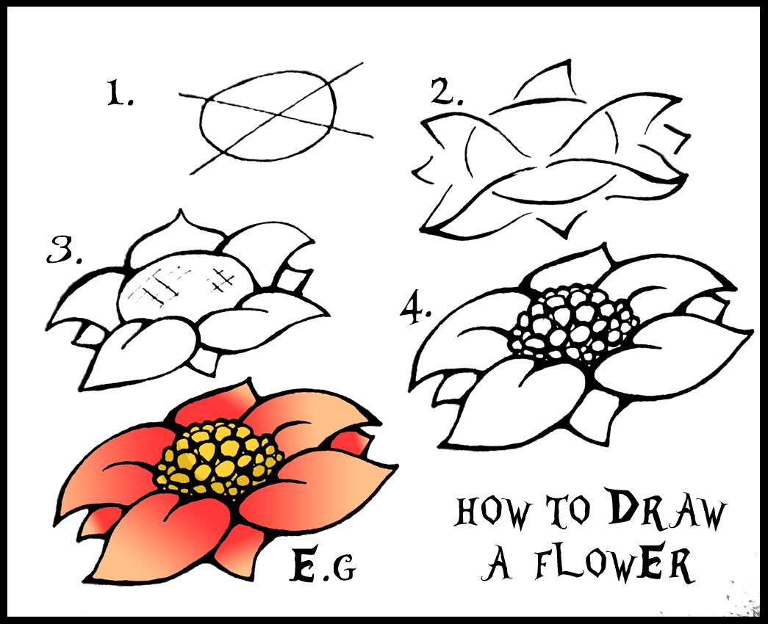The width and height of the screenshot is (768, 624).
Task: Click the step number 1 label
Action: [120, 93]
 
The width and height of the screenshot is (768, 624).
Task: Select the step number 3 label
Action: [64, 250]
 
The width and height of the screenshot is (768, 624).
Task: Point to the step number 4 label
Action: [414, 310]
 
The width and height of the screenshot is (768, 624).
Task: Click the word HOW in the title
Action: [492, 512]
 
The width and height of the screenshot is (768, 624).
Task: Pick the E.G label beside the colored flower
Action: [323, 565]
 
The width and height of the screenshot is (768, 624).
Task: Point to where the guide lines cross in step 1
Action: [279, 117]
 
